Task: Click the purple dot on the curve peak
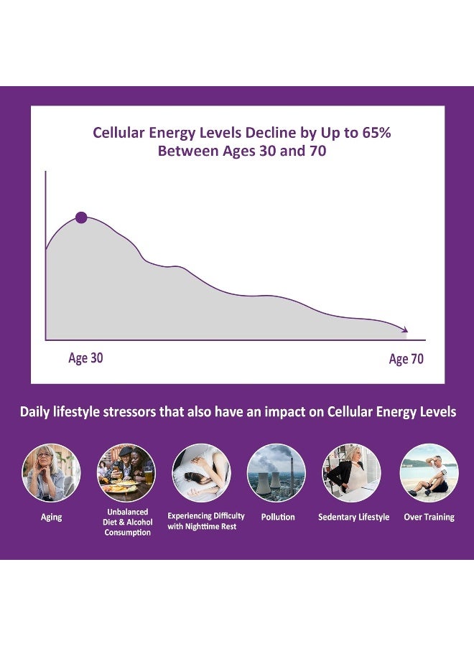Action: [x=81, y=217]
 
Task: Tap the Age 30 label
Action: [x=85, y=357]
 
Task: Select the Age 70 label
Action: [x=406, y=359]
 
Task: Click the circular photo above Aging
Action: [x=51, y=472]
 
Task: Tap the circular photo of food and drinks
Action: [x=126, y=472]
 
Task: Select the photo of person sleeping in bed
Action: [x=201, y=472]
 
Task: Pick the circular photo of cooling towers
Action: [x=276, y=472]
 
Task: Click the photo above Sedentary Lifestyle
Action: [x=352, y=472]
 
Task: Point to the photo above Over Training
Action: [x=429, y=472]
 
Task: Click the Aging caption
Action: [x=50, y=517]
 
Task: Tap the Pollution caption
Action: [x=278, y=517]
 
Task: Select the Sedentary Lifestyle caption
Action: [x=353, y=517]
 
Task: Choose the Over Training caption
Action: [x=429, y=517]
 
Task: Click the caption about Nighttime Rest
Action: [x=206, y=521]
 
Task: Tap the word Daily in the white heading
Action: [x=36, y=412]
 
